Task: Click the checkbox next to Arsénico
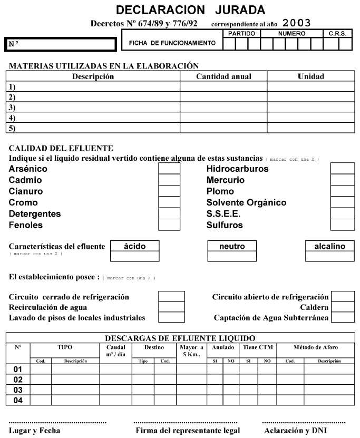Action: click(169, 169)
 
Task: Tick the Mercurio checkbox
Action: click(343, 180)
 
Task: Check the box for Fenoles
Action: click(169, 225)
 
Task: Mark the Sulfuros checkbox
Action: click(343, 225)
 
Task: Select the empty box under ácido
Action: click(134, 256)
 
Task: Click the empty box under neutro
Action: click(233, 256)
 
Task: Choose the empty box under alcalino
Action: click(330, 256)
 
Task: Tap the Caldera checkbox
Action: click(343, 307)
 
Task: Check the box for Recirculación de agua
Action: click(171, 307)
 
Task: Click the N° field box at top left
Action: click(60, 44)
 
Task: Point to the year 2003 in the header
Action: click(297, 23)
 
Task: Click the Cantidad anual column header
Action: click(223, 76)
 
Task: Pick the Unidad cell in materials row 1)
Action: click(310, 87)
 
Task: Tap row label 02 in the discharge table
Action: click(18, 379)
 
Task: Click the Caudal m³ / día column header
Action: click(115, 351)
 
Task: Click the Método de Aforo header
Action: click(315, 347)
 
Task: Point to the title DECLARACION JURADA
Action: click(190, 10)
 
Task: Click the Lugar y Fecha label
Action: click(34, 431)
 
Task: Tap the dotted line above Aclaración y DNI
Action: click(304, 423)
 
